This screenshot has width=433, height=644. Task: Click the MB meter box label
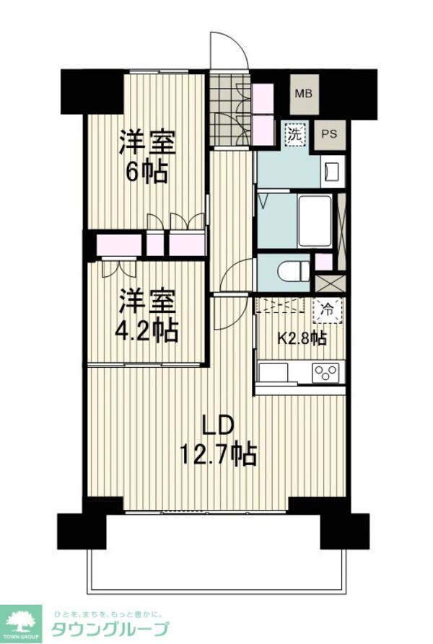point(304,94)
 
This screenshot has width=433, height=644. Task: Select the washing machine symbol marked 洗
point(294,134)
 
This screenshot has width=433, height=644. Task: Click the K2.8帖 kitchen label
point(301,338)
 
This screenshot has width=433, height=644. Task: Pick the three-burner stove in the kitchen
point(325,373)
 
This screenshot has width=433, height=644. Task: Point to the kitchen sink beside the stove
point(275,373)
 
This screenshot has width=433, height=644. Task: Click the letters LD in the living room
point(216,425)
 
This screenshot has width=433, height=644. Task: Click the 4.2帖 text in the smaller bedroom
point(146,330)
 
